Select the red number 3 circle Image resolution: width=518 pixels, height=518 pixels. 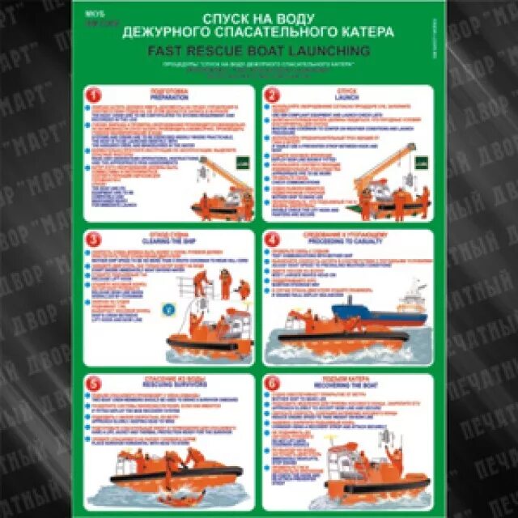[x=94, y=240]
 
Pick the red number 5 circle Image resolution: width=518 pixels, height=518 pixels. [x=94, y=384]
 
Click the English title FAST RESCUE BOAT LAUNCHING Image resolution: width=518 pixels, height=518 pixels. [x=259, y=50]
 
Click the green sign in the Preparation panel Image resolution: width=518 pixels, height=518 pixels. [x=238, y=163]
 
